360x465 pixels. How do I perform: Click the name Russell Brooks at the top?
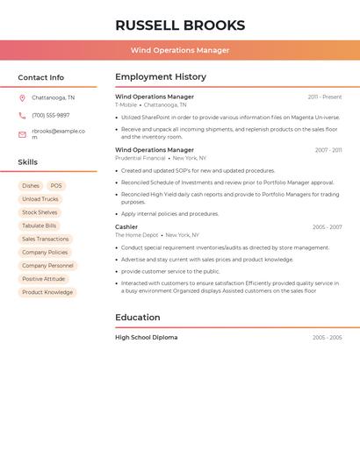[180, 25]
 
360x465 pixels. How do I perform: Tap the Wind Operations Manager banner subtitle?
[180, 50]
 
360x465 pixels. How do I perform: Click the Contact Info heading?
[40, 77]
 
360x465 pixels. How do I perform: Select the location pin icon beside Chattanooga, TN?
[22, 98]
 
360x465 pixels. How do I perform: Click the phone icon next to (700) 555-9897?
[22, 115]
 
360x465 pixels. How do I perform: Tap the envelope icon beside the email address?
[22, 134]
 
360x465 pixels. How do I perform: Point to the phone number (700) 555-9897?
[50, 115]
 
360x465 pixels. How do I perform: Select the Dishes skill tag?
[31, 186]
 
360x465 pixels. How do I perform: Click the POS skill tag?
[56, 186]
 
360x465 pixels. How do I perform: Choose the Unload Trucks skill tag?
[40, 199]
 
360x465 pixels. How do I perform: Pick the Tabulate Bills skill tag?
[39, 225]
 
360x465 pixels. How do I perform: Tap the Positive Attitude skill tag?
[43, 279]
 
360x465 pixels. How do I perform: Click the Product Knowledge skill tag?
[47, 292]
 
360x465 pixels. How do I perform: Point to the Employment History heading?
[161, 76]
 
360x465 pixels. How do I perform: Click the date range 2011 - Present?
[324, 97]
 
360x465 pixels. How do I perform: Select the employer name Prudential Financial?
[140, 158]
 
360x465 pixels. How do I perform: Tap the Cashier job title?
[126, 227]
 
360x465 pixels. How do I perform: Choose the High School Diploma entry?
[146, 337]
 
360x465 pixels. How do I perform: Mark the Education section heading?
[138, 317]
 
